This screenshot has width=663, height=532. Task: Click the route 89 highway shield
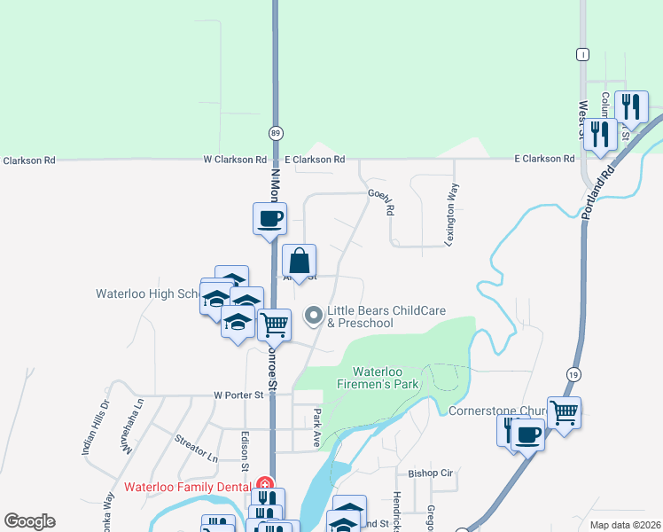coord(275,132)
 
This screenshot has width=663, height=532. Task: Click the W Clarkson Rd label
coord(235,160)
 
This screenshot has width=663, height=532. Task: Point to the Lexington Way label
coord(451,227)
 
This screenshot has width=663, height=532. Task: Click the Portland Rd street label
coord(599,190)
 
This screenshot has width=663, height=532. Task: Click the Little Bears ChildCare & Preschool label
coord(386,317)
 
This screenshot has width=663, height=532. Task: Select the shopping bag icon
coord(300,262)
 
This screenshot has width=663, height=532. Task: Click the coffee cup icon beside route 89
coord(269,218)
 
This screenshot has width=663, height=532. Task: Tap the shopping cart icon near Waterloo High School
coord(274,325)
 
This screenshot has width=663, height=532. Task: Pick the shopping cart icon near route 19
coord(564,412)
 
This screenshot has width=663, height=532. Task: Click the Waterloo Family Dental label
coord(188,486)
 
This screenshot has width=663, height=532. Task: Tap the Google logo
coord(29,521)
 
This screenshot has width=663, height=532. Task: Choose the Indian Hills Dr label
coord(95,427)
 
